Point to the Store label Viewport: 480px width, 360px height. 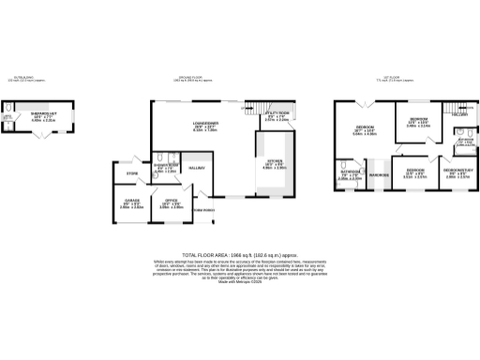[x=132, y=174]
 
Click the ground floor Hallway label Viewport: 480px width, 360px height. [x=198, y=168]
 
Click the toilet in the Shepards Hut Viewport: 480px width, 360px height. [x=8, y=119]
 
